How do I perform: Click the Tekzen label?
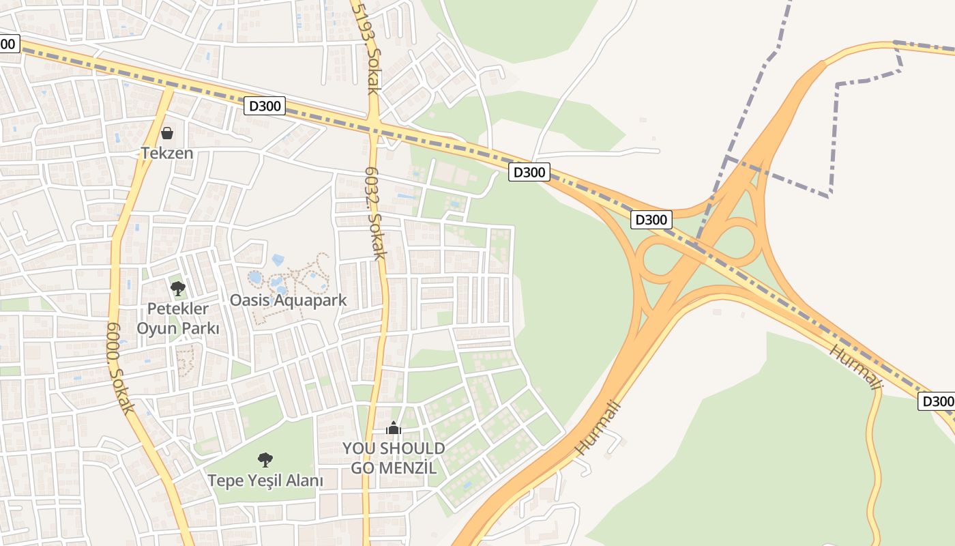(167, 153)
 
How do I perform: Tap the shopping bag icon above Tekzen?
(167, 133)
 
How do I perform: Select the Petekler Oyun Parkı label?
(178, 319)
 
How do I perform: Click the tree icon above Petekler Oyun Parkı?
(178, 289)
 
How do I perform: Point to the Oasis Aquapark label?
(288, 300)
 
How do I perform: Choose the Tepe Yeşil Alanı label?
(265, 480)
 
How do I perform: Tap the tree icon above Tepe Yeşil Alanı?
(265, 460)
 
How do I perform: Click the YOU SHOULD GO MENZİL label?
(394, 458)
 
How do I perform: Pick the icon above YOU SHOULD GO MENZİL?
(394, 429)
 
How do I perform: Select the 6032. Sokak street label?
(376, 214)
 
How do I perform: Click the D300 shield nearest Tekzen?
(265, 106)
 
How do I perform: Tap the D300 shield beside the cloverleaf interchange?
(651, 220)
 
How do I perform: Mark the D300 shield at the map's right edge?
(937, 401)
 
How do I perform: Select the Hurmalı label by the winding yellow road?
(856, 368)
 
